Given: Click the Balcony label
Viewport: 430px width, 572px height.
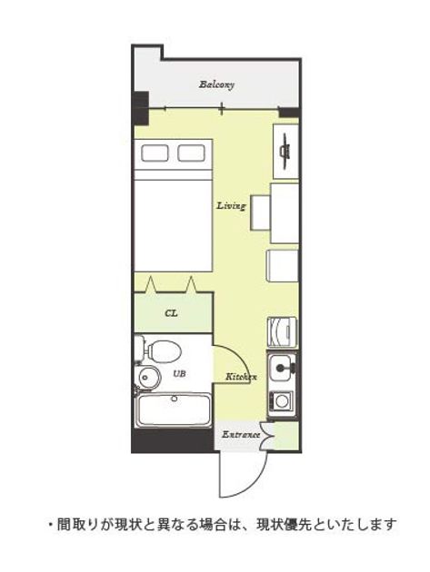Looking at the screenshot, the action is click(216, 84).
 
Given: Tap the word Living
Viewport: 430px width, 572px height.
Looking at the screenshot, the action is click(231, 206).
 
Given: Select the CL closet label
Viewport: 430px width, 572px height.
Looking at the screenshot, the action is click(171, 313).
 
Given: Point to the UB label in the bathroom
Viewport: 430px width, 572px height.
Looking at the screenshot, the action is click(179, 373).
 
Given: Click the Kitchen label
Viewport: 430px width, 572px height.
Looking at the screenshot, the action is click(241, 377).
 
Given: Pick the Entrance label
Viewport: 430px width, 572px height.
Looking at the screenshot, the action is click(241, 435).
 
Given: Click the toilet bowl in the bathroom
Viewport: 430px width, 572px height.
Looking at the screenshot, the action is click(165, 351).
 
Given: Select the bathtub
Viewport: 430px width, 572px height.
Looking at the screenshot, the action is click(173, 409).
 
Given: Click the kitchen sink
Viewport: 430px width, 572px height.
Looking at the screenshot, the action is click(281, 368).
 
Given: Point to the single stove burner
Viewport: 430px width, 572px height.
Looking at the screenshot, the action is click(281, 400).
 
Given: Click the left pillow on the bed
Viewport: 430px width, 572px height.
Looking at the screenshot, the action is click(155, 153).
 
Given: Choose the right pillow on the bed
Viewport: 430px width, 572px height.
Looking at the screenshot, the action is click(191, 153).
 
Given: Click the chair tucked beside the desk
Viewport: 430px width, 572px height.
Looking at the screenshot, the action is click(260, 212).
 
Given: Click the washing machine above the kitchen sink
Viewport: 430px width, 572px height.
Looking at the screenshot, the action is click(282, 332).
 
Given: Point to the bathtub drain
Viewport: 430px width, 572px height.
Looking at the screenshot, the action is click(175, 399).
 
